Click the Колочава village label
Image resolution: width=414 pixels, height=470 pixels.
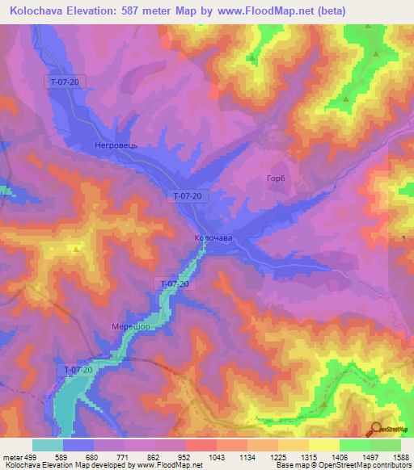[213, 238]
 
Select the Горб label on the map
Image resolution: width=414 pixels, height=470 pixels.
[277, 178]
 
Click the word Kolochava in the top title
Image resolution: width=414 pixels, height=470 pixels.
[38, 11]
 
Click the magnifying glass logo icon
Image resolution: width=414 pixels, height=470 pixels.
[374, 428]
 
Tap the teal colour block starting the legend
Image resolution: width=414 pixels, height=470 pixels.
[48, 445]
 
